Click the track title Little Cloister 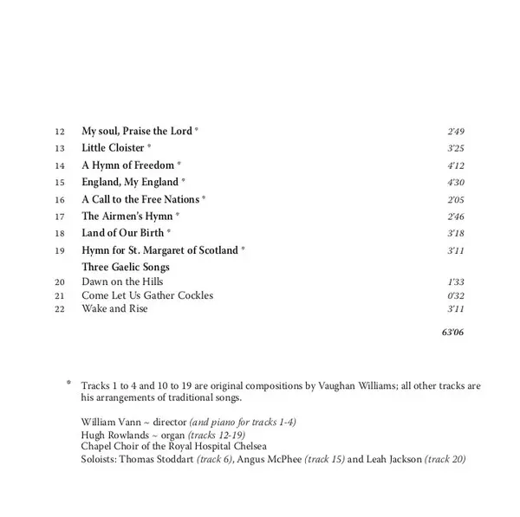point(113,148)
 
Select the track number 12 point(59,132)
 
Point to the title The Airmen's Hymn point(127,216)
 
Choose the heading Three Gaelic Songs point(125,268)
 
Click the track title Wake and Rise point(114,309)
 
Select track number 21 point(59,296)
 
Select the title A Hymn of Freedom point(127,165)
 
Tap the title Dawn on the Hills point(122,282)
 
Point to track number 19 point(59,250)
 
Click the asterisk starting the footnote point(68,383)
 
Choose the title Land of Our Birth point(122,233)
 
